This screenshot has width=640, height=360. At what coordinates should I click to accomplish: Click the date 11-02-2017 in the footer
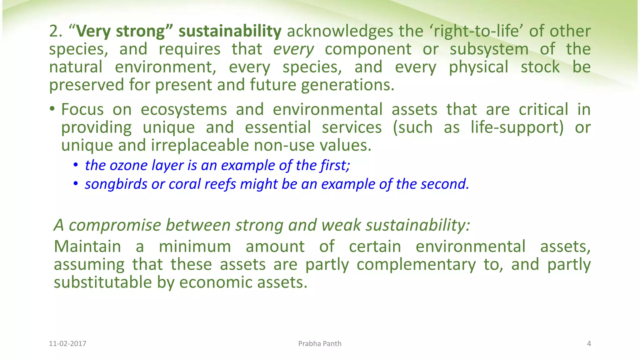67,344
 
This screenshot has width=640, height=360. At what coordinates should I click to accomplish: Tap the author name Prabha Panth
320,344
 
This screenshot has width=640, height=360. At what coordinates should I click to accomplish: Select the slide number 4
589,344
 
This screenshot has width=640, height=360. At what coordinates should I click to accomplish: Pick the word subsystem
489,49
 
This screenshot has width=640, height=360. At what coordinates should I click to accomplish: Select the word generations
348,85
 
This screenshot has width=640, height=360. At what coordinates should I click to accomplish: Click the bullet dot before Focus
52,109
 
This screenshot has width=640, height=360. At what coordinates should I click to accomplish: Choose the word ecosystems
184,110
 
